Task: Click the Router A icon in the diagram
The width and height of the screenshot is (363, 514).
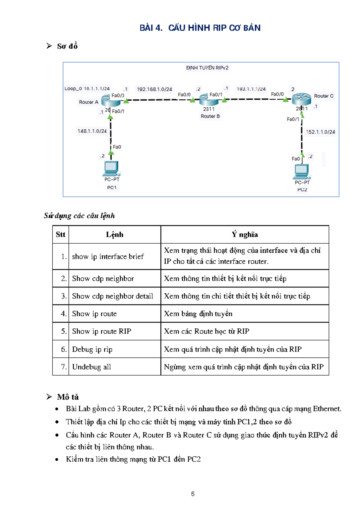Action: (x=110, y=100)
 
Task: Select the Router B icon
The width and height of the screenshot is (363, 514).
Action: (x=209, y=100)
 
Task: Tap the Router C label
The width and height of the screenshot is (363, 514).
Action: (x=323, y=96)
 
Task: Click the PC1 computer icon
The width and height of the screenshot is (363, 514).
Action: (x=112, y=169)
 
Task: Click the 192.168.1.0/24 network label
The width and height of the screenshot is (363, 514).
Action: (x=154, y=89)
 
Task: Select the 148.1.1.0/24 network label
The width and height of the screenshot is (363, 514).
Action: (x=92, y=131)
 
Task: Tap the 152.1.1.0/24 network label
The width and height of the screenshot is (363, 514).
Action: (x=320, y=132)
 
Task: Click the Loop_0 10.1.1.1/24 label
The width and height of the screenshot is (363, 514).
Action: (x=87, y=89)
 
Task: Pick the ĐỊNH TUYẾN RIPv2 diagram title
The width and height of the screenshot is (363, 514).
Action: (x=207, y=68)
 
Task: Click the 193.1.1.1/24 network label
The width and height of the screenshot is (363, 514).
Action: (x=251, y=89)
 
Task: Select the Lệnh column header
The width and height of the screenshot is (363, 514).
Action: (x=114, y=235)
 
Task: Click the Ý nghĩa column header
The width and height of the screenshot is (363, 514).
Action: (x=245, y=235)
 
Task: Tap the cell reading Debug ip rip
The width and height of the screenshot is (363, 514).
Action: (x=92, y=349)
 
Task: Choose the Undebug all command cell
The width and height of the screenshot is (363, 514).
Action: (x=92, y=367)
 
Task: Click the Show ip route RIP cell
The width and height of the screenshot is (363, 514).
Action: (x=101, y=331)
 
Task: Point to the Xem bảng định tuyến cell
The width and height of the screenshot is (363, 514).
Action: (x=198, y=314)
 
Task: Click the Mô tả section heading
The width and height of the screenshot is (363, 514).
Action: (x=68, y=397)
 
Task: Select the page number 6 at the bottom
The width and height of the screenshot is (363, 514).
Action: (x=193, y=494)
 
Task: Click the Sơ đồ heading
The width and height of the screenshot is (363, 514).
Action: (x=67, y=46)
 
